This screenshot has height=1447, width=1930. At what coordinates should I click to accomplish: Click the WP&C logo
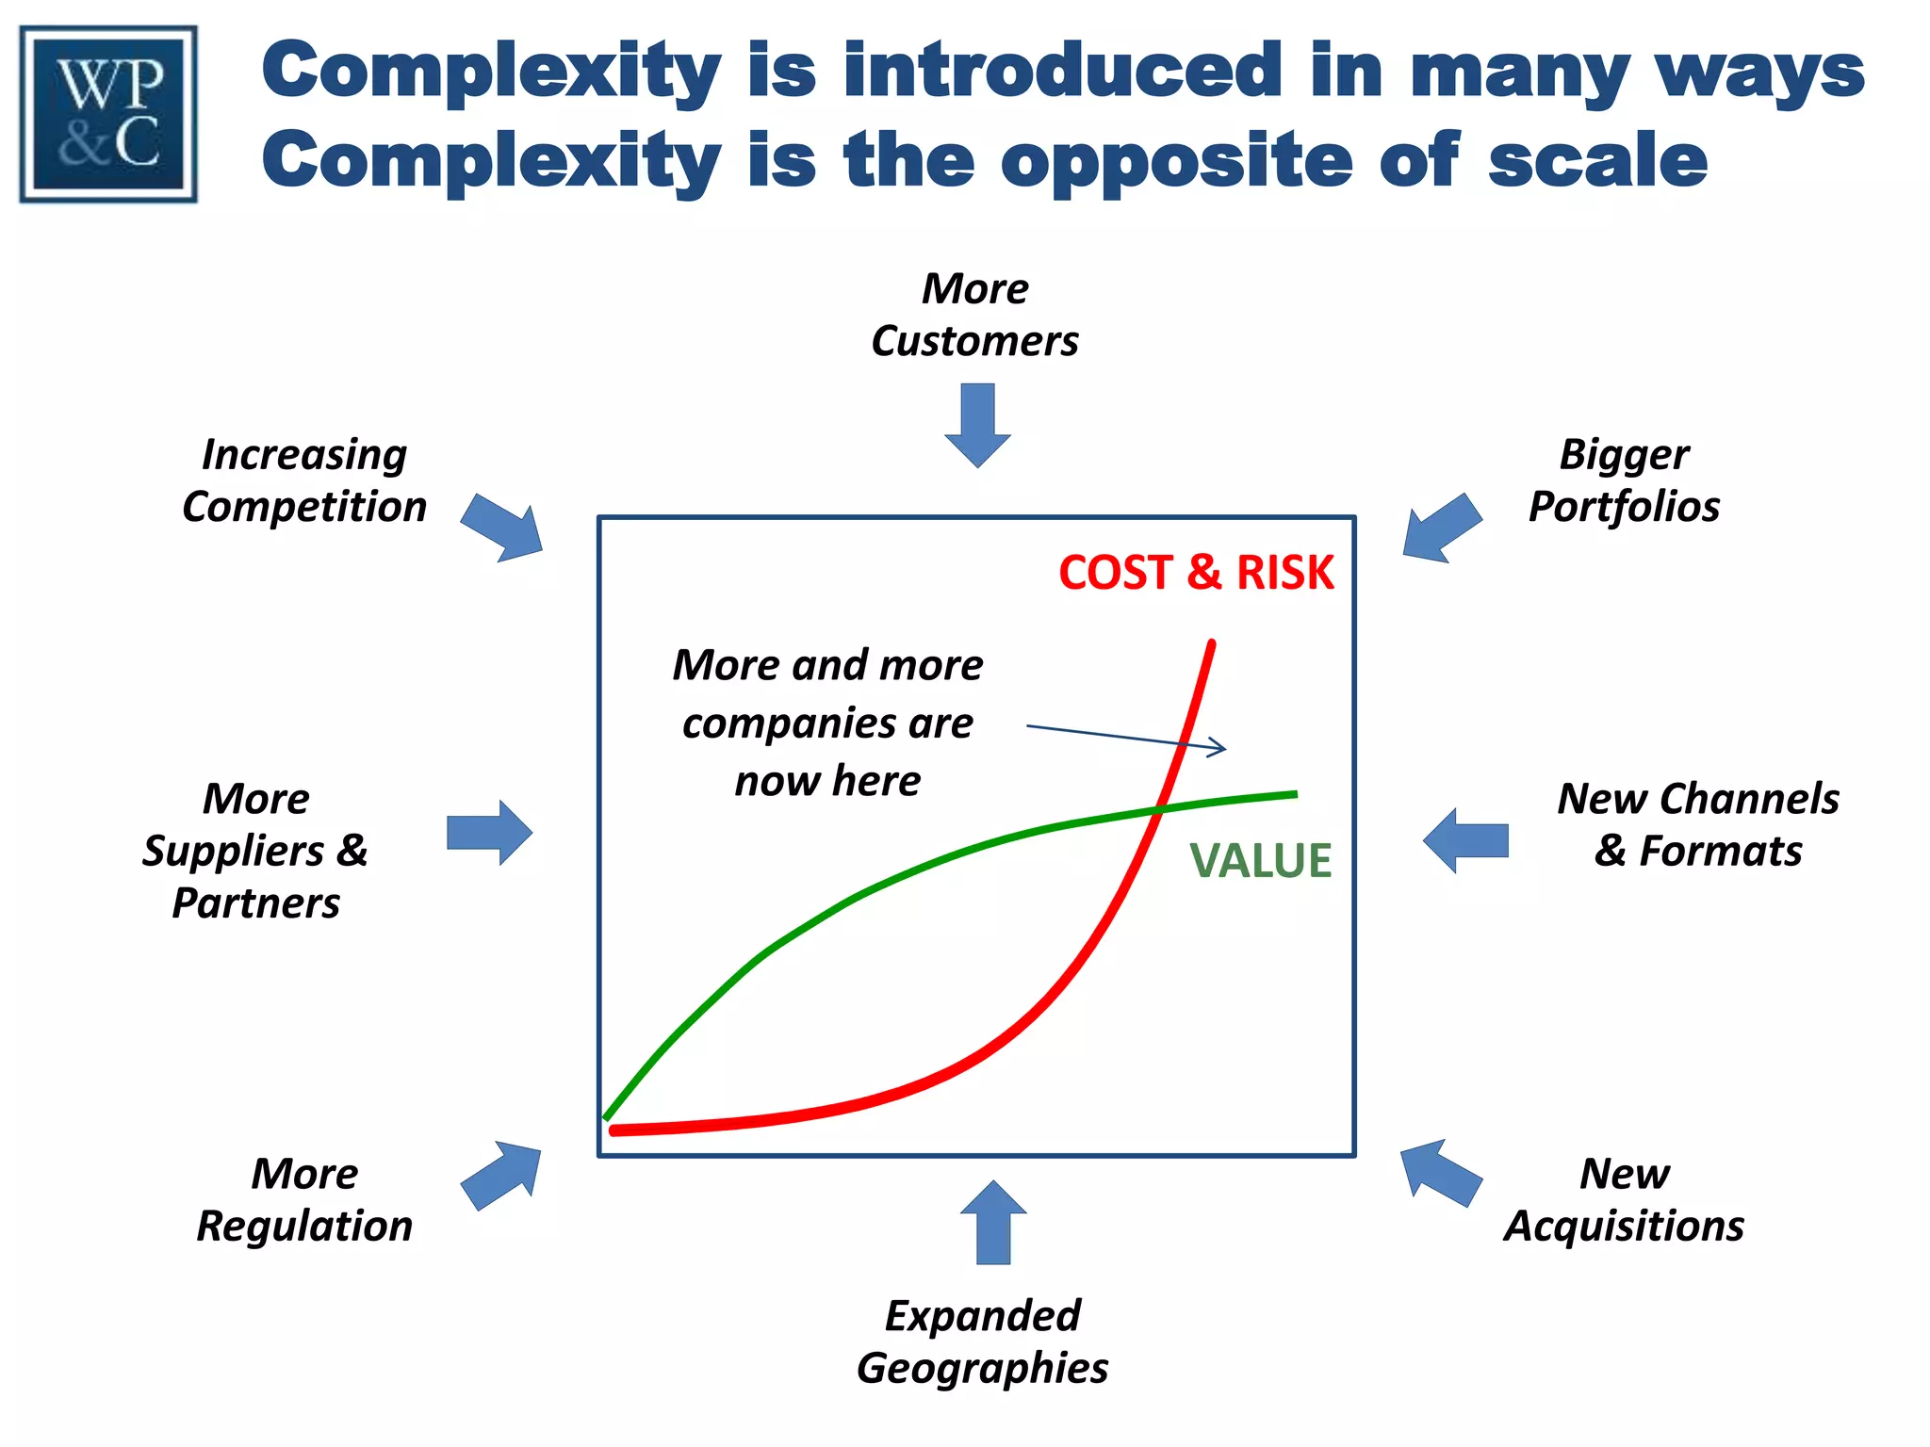(x=108, y=114)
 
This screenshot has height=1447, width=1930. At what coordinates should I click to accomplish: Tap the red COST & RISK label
(x=1196, y=573)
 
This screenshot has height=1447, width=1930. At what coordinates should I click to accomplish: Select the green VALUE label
(x=1260, y=861)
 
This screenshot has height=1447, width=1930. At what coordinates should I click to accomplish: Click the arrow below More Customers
(x=977, y=424)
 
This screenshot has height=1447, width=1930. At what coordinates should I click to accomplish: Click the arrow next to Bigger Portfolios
(x=1441, y=528)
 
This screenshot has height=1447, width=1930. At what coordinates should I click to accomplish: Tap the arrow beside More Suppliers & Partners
(x=489, y=833)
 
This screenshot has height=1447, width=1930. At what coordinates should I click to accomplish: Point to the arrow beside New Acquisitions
(x=1440, y=1172)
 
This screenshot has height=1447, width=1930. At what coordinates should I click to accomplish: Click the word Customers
(x=974, y=341)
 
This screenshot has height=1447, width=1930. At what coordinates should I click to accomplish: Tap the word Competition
(x=304, y=507)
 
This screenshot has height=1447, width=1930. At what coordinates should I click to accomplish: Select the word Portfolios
(x=1624, y=507)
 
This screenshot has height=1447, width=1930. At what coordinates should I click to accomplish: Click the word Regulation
(x=304, y=1227)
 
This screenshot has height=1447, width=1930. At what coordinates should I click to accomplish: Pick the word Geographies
(x=982, y=1368)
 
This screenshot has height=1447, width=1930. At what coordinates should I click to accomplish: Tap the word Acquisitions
(x=1624, y=1227)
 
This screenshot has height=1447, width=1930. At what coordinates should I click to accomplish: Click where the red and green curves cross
(x=1158, y=809)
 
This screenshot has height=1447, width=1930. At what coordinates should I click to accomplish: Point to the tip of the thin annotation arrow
(x=1225, y=749)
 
